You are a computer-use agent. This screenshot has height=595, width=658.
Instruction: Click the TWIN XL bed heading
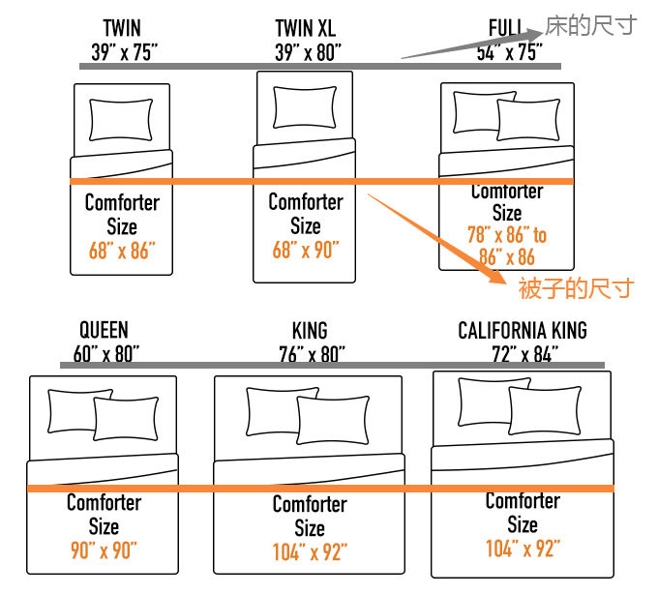[306, 29]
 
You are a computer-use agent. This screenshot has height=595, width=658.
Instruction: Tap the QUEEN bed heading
[105, 330]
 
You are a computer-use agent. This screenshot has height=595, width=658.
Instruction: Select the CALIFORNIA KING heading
[523, 331]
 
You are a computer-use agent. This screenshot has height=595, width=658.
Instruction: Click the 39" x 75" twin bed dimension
[122, 53]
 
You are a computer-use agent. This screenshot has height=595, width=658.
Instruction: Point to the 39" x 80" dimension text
[308, 53]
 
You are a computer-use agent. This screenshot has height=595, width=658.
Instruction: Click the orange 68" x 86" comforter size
[122, 252]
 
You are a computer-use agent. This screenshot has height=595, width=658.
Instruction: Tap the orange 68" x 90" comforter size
[306, 251]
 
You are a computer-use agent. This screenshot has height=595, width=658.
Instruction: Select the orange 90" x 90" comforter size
[104, 550]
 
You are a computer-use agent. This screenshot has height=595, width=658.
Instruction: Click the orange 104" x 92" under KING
[310, 551]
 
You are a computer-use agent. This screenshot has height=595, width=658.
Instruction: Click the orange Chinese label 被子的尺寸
[576, 287]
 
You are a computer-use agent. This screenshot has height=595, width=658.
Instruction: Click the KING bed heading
[310, 331]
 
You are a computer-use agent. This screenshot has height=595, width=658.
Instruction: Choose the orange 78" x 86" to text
[507, 235]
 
